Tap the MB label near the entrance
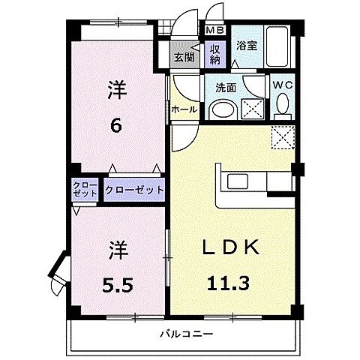(x=214, y=31)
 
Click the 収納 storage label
(x=214, y=54)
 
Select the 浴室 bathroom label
(x=247, y=45)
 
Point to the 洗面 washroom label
(x=226, y=88)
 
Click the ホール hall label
(x=184, y=109)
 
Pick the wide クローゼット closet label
(x=135, y=190)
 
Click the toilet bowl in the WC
(x=282, y=109)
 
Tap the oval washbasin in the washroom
(x=222, y=110)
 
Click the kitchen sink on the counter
(x=240, y=182)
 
